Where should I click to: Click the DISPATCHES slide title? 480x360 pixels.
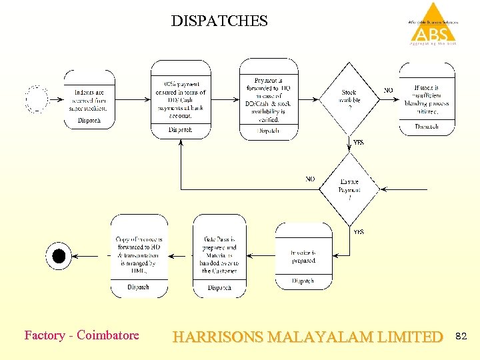[x=219, y=21]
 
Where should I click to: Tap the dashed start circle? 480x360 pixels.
[x=37, y=99]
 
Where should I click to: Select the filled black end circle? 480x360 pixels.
[x=59, y=255]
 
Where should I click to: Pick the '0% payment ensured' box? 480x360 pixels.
[x=180, y=99]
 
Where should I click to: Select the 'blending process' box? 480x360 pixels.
[x=427, y=99]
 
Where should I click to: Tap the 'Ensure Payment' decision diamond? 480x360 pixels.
[x=349, y=189]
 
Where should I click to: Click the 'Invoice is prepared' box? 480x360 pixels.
[x=303, y=257]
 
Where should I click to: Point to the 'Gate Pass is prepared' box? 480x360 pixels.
[x=219, y=256]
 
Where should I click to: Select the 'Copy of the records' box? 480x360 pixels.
[x=139, y=256]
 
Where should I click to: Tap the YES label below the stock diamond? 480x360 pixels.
[x=358, y=143]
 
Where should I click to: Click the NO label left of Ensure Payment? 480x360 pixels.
[x=311, y=179]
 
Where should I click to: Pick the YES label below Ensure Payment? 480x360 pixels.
[x=358, y=232]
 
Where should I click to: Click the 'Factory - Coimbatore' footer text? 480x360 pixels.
[x=81, y=335]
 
